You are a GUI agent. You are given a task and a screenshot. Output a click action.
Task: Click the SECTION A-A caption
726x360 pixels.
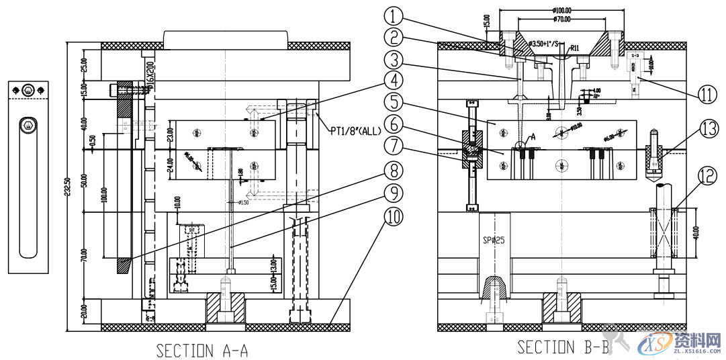(x=202, y=350)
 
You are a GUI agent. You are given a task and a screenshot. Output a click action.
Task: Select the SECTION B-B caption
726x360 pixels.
(x=563, y=347)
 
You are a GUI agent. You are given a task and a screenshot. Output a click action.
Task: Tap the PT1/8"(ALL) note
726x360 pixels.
(x=355, y=131)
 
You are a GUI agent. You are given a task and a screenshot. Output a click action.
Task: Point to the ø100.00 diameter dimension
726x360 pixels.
(x=562, y=10)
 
